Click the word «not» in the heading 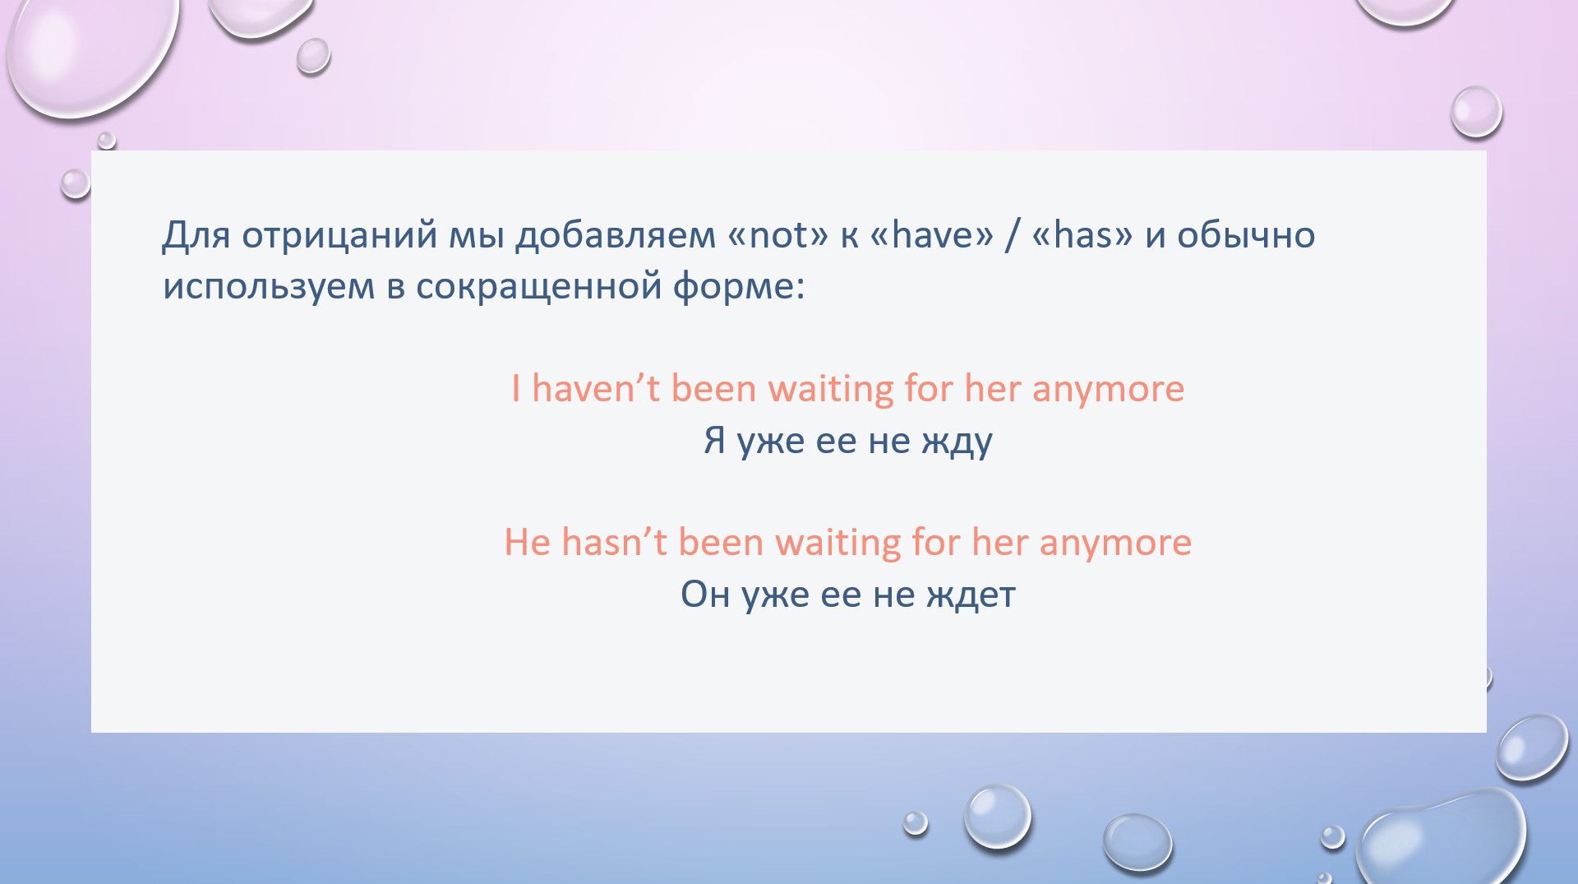[778, 236]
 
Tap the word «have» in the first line [931, 235]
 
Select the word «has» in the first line [1082, 235]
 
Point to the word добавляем [616, 236]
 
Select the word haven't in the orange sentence [596, 388]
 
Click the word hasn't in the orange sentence [614, 542]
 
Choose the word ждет [971, 595]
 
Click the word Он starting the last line [705, 594]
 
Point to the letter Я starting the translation [714, 440]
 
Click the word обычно [1246, 236]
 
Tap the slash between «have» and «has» [1013, 236]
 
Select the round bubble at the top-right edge [1476, 112]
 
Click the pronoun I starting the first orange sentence [515, 388]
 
